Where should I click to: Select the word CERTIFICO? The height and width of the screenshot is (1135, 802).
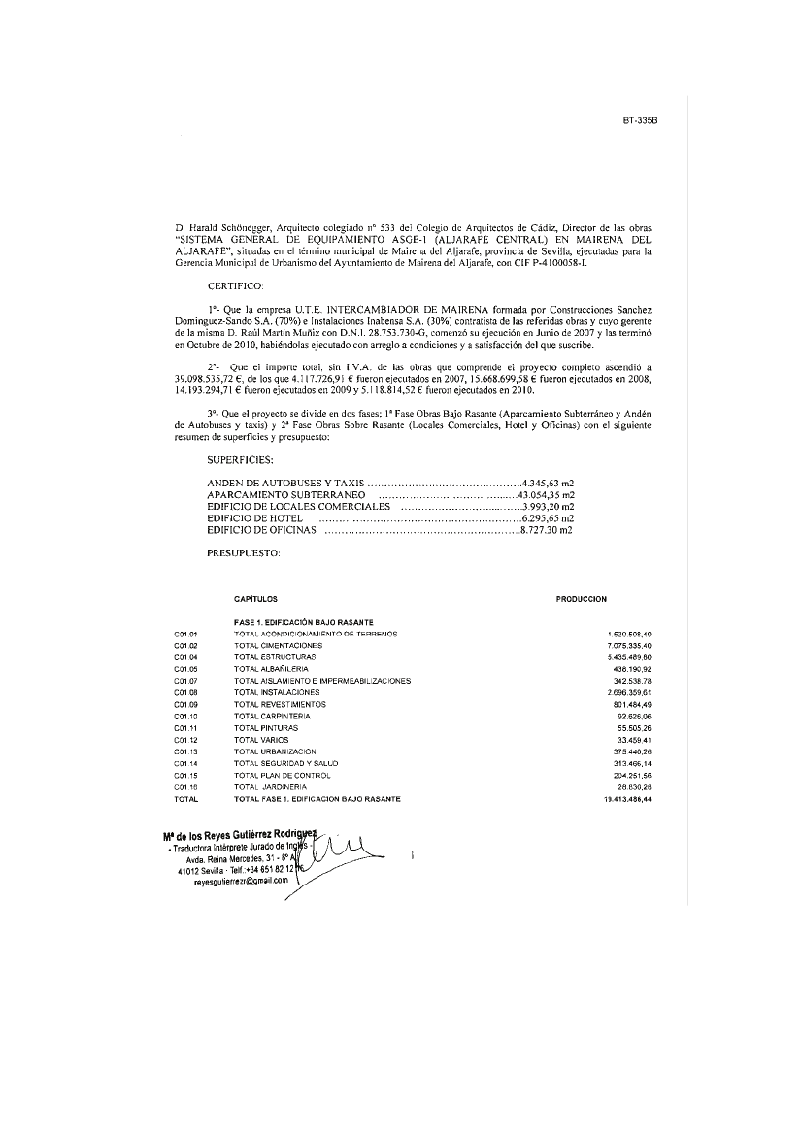[x=236, y=286]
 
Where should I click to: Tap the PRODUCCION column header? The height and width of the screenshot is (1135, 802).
[x=581, y=599]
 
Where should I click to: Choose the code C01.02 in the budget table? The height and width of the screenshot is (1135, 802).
[x=185, y=645]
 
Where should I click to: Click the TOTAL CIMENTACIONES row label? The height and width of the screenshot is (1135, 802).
[x=278, y=645]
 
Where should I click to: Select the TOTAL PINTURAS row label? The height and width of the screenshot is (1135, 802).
[x=266, y=727]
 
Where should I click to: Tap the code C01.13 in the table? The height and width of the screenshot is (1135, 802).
[x=185, y=751]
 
